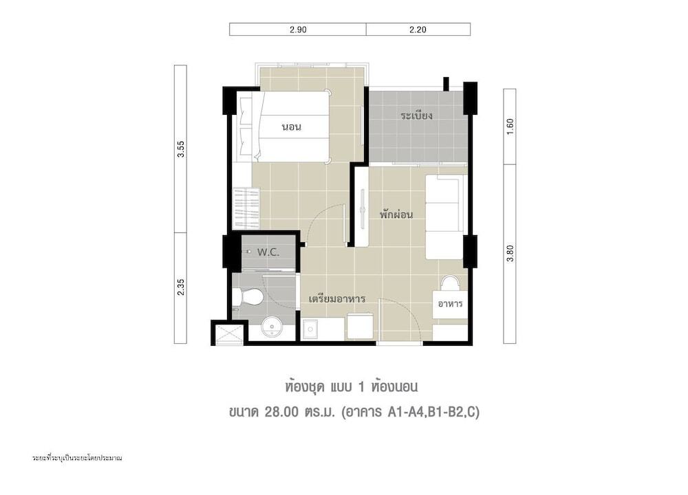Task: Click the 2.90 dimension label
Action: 298,30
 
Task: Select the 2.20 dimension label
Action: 418,30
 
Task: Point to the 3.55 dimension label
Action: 181,149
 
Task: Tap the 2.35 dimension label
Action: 181,287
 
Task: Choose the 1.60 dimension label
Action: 510,126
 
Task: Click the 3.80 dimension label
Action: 510,254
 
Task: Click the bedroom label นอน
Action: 291,127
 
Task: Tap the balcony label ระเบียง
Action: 416,115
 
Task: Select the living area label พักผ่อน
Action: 396,214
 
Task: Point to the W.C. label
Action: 268,252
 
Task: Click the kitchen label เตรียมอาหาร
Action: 337,299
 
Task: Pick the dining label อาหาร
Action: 450,303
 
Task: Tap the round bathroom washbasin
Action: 273,327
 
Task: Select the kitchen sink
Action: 311,329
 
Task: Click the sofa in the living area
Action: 444,217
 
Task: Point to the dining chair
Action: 450,283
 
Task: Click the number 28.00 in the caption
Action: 281,412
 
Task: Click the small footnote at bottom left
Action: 77,458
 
